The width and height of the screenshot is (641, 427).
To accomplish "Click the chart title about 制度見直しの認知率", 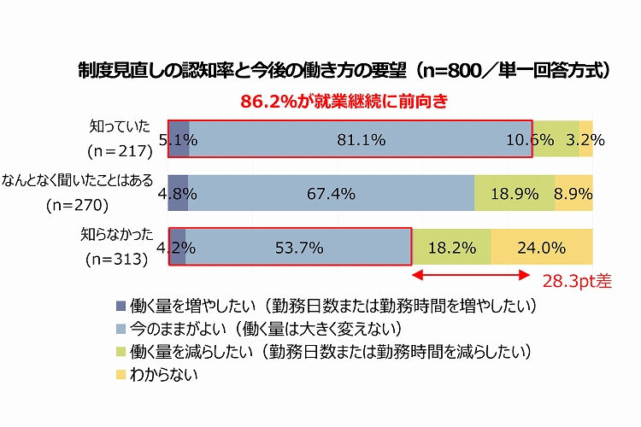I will click(x=342, y=71).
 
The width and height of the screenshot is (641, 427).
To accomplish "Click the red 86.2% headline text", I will click(x=344, y=100).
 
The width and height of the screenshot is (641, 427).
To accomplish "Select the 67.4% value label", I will click(x=331, y=194).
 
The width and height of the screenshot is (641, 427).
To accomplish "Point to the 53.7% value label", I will click(x=299, y=249).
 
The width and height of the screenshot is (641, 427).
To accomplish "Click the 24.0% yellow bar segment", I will click(x=541, y=249).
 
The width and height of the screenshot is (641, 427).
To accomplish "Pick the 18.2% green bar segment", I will click(x=452, y=249).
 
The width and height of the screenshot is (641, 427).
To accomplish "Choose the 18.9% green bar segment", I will click(x=515, y=194).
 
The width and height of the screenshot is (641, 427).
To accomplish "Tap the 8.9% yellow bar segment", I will click(x=573, y=194).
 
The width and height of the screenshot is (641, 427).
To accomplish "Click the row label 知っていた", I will click(x=120, y=126).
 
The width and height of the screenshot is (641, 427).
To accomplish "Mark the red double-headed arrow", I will click(x=472, y=275).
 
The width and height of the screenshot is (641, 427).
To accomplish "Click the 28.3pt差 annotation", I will click(x=579, y=279).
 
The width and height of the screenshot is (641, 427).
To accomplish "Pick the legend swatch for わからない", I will click(x=121, y=374).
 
